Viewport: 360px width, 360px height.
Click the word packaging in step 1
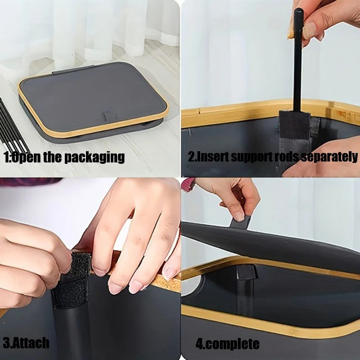[x=94, y=157]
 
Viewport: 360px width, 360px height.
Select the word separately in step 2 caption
[x=329, y=157]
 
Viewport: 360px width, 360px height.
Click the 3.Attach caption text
[x=26, y=343]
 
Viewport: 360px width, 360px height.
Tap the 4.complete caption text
[x=228, y=344]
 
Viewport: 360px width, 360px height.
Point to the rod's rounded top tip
[x=298, y=9]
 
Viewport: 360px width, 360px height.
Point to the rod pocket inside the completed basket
[x=246, y=288]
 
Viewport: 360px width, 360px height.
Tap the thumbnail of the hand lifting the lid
[x=239, y=216]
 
